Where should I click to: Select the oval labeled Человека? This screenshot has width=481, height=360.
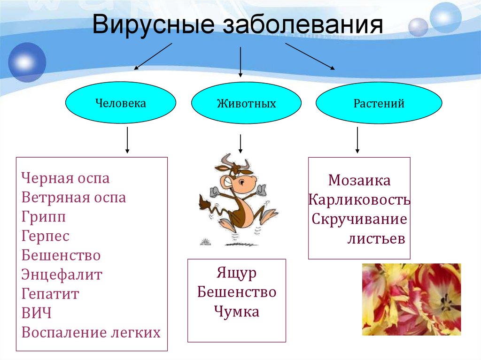[x=121, y=103]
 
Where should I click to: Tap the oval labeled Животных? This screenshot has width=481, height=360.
[x=246, y=103]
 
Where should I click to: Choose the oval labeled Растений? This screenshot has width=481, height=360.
[x=379, y=103]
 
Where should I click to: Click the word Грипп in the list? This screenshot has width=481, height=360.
[x=44, y=217]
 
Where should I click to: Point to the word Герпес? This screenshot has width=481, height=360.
[x=46, y=236]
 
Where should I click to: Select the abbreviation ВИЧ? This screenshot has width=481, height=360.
[x=36, y=313]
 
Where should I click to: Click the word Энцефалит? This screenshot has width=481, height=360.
[x=62, y=275]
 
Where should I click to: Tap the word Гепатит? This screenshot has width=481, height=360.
[x=50, y=294]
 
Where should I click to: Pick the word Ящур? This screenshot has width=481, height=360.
[x=237, y=273]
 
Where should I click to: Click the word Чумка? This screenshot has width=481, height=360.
[x=237, y=311]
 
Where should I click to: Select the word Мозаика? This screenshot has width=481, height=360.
[x=359, y=180]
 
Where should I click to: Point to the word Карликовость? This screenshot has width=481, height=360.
[x=359, y=199]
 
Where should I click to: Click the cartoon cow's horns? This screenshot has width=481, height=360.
[x=227, y=160]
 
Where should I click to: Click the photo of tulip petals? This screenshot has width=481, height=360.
[x=411, y=299]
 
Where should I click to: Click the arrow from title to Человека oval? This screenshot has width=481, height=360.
[x=153, y=56]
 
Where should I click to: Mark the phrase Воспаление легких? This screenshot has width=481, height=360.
[x=91, y=332]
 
